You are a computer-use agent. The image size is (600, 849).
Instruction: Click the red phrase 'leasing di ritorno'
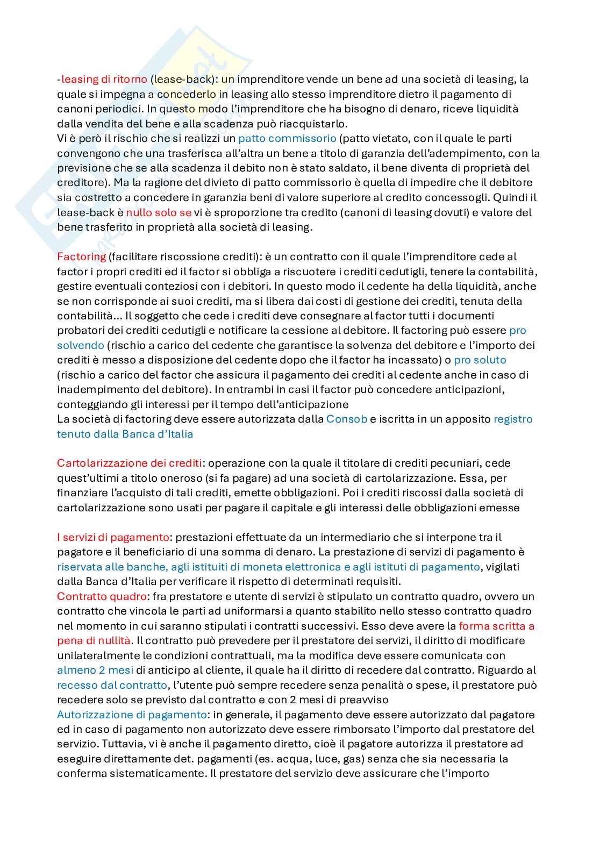(104, 80)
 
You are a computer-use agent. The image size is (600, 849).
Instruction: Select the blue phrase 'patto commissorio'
(287, 138)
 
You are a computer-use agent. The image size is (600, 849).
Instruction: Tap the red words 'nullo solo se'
(159, 212)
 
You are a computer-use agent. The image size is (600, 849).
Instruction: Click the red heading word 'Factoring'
(81, 256)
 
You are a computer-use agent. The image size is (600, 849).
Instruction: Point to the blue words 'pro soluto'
(480, 360)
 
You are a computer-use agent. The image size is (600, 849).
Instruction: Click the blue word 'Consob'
(346, 419)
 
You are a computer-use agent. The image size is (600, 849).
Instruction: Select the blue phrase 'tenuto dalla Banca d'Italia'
(125, 433)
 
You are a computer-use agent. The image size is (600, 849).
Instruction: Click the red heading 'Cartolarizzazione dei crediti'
(130, 463)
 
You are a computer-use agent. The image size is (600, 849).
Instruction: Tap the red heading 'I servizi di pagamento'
(113, 537)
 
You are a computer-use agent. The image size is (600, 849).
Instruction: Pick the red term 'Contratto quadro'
(102, 596)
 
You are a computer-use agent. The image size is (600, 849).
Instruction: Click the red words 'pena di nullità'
(94, 640)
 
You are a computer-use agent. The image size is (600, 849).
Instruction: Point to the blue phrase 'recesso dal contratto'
(112, 685)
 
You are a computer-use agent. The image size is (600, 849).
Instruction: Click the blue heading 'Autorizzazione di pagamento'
(132, 715)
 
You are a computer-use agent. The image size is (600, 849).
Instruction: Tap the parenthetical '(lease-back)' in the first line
(182, 80)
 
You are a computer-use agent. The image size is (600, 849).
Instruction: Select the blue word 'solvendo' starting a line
(80, 345)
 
